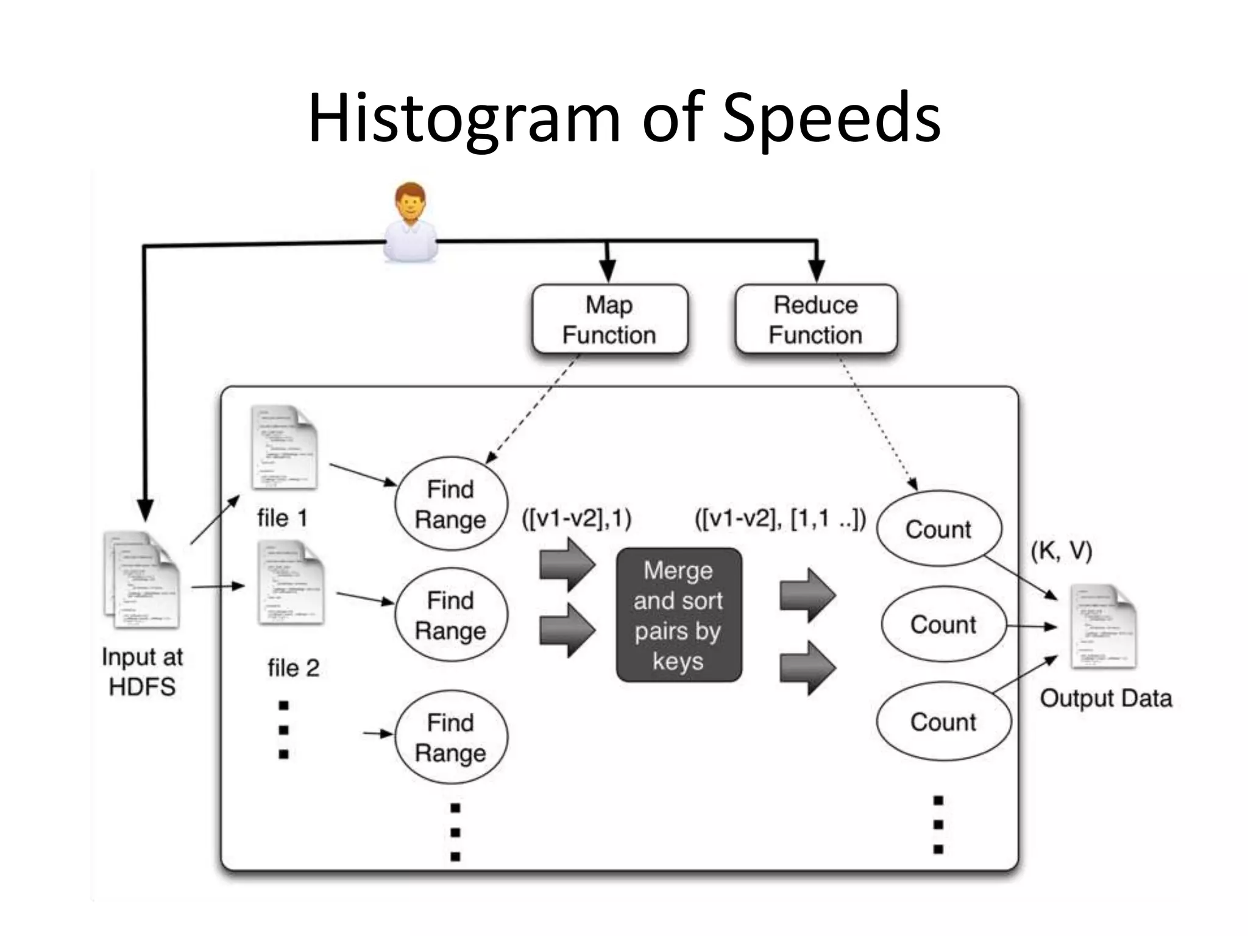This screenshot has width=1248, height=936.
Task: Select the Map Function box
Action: point(609,319)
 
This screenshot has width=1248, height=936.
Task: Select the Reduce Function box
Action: point(815,319)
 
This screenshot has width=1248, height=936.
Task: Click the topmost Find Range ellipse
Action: point(450,504)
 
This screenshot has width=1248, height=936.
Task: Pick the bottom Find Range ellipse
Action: point(450,737)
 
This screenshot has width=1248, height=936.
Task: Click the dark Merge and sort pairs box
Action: point(678,615)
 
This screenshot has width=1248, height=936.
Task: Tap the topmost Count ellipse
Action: point(938,529)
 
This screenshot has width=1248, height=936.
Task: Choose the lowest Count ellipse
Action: point(943,721)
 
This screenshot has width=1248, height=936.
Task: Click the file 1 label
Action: point(282,518)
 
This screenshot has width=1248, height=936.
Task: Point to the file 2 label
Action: point(293,668)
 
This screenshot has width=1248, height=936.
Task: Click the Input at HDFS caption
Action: point(142,672)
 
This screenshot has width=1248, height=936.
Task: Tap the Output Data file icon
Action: point(1104,626)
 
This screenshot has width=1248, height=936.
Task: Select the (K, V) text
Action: point(1061,551)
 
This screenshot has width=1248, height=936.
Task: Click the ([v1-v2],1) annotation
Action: point(576,519)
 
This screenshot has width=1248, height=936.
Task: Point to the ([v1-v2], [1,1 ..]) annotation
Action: point(780,519)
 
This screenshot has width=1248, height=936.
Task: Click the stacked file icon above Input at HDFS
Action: point(142,580)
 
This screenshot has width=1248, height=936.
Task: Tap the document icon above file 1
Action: point(285,448)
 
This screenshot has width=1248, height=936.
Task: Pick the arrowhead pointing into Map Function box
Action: point(607,271)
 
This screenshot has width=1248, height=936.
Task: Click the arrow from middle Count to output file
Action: point(1031,626)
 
